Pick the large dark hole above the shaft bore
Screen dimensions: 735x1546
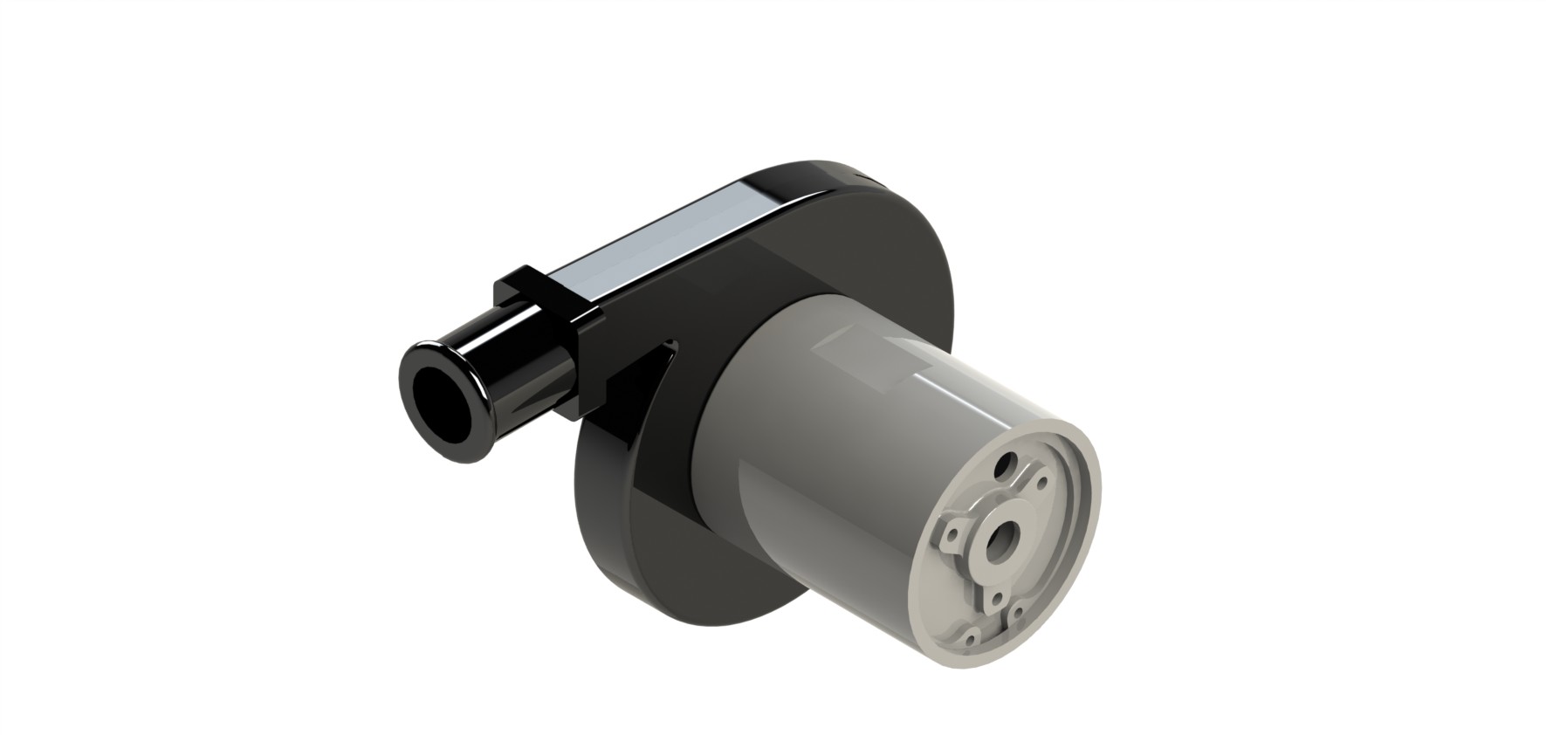click(1006, 465)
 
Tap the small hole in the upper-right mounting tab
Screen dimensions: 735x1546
click(1042, 483)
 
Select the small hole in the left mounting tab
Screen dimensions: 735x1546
click(952, 534)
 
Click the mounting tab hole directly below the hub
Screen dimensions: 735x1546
click(997, 599)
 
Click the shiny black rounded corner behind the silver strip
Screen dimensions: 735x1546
click(786, 179)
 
